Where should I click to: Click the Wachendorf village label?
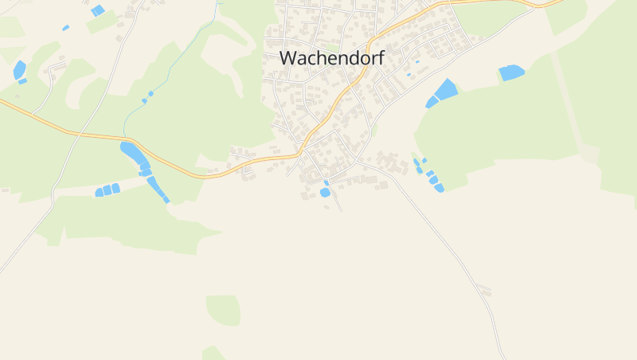331,58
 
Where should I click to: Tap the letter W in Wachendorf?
288,58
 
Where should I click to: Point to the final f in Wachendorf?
381,57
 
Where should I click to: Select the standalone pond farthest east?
512,72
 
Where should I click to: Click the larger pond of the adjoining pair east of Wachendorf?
447,89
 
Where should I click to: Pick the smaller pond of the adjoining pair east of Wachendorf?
432,102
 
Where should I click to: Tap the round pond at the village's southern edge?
325,192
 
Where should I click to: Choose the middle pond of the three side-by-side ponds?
107,190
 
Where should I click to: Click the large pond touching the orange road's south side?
132,151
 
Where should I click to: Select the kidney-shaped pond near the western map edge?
19,69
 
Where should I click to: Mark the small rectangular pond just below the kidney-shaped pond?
22,81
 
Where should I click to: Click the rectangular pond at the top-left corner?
97,10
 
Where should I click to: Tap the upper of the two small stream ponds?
150,93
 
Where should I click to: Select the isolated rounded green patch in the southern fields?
223,309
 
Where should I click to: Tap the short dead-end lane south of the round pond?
338,202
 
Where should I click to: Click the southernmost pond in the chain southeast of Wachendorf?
439,188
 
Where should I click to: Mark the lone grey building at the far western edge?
5,190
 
